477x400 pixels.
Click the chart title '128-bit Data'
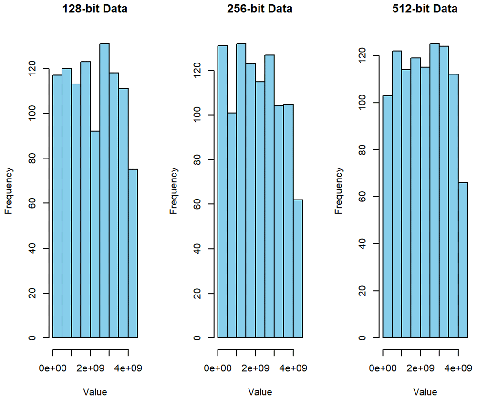pyautogui.click(x=95, y=9)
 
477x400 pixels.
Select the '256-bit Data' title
pyautogui.click(x=260, y=9)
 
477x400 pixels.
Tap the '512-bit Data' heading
pyautogui.click(x=425, y=9)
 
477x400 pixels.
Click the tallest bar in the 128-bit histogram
pyautogui.click(x=104, y=191)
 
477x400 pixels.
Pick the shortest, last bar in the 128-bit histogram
pyautogui.click(x=133, y=253)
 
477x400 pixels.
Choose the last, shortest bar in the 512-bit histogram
pyautogui.click(x=463, y=260)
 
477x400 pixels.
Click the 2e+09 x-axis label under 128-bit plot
pyautogui.click(x=91, y=368)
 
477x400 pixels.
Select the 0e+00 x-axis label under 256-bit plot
pyautogui.click(x=218, y=368)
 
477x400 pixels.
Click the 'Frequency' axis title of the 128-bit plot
pyautogui.click(x=9, y=190)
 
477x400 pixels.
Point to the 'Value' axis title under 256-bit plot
pyautogui.click(x=260, y=392)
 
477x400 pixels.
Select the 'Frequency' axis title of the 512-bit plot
pyautogui.click(x=339, y=190)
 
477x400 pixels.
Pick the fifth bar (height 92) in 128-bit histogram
pyautogui.click(x=95, y=234)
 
